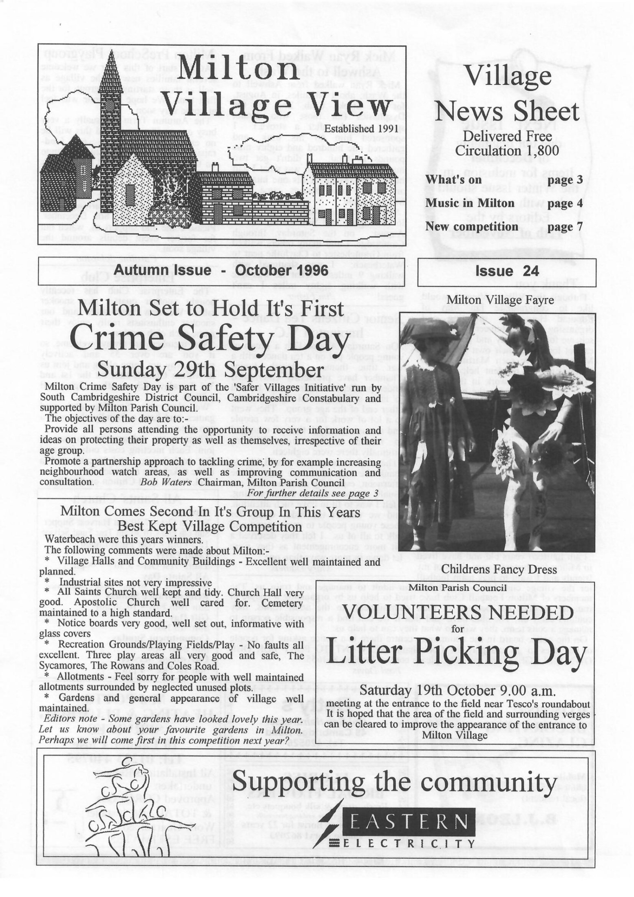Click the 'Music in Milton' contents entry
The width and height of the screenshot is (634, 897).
click(x=470, y=203)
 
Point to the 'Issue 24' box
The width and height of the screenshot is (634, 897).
click(x=507, y=272)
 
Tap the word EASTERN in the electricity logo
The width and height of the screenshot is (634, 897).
click(x=408, y=822)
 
